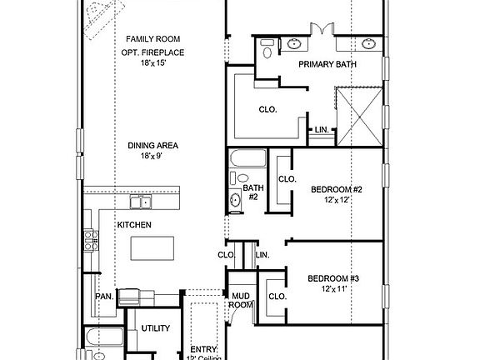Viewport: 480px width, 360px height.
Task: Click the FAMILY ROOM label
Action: click(152, 39)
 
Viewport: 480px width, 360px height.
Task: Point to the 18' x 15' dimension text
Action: click(152, 62)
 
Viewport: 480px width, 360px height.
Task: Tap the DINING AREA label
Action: click(152, 145)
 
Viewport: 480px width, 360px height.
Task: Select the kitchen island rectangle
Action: click(152, 247)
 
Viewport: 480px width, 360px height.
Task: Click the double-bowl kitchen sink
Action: click(140, 202)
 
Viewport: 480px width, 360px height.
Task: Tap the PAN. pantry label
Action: click(104, 296)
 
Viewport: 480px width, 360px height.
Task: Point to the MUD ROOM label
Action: click(241, 300)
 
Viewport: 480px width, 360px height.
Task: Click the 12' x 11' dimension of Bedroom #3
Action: click(333, 288)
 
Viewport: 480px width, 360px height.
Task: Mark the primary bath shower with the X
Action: click(359, 115)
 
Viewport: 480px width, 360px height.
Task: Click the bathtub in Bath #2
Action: click(247, 157)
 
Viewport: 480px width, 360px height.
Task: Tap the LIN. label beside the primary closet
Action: click(321, 129)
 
